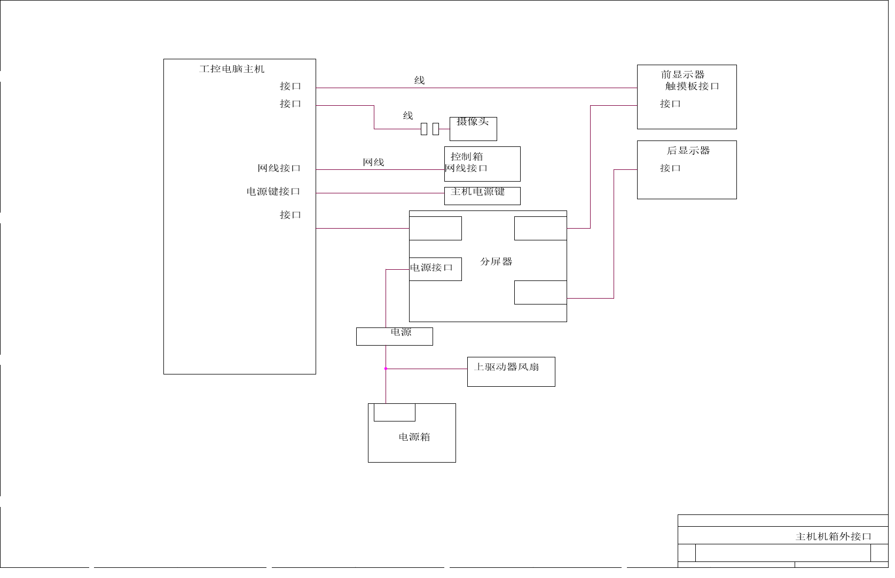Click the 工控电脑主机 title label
click(232, 69)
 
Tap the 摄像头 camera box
click(473, 129)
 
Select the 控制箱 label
click(466, 157)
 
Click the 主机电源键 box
click(482, 196)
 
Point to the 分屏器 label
click(496, 262)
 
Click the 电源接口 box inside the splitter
click(435, 269)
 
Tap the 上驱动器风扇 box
click(511, 371)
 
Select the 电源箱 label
click(414, 437)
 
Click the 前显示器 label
click(682, 75)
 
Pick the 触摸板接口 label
click(692, 86)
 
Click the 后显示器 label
click(688, 151)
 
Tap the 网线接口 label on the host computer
click(279, 168)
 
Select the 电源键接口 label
click(273, 191)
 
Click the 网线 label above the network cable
click(373, 162)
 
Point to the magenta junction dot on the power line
click(386, 369)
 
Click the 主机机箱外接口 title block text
click(833, 536)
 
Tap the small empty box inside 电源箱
click(394, 412)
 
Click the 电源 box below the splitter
click(394, 336)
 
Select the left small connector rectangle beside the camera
click(424, 129)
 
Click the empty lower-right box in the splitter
click(540, 292)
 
